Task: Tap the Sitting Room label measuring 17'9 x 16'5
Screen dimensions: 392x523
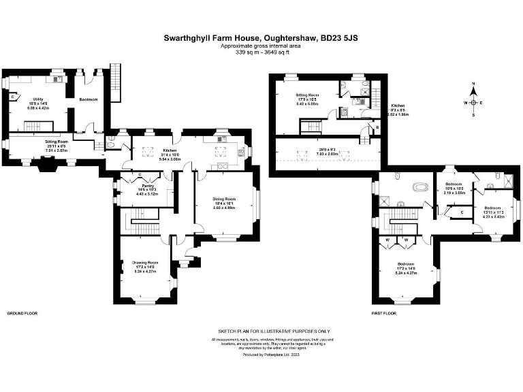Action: coord(307,96)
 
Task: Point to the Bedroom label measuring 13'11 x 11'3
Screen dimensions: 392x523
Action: coord(494,208)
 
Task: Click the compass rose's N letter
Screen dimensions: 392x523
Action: coord(473,85)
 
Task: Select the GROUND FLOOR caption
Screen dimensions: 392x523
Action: coord(22,314)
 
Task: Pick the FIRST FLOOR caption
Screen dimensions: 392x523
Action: coord(385,314)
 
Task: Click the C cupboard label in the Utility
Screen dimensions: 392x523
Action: coord(12,97)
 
